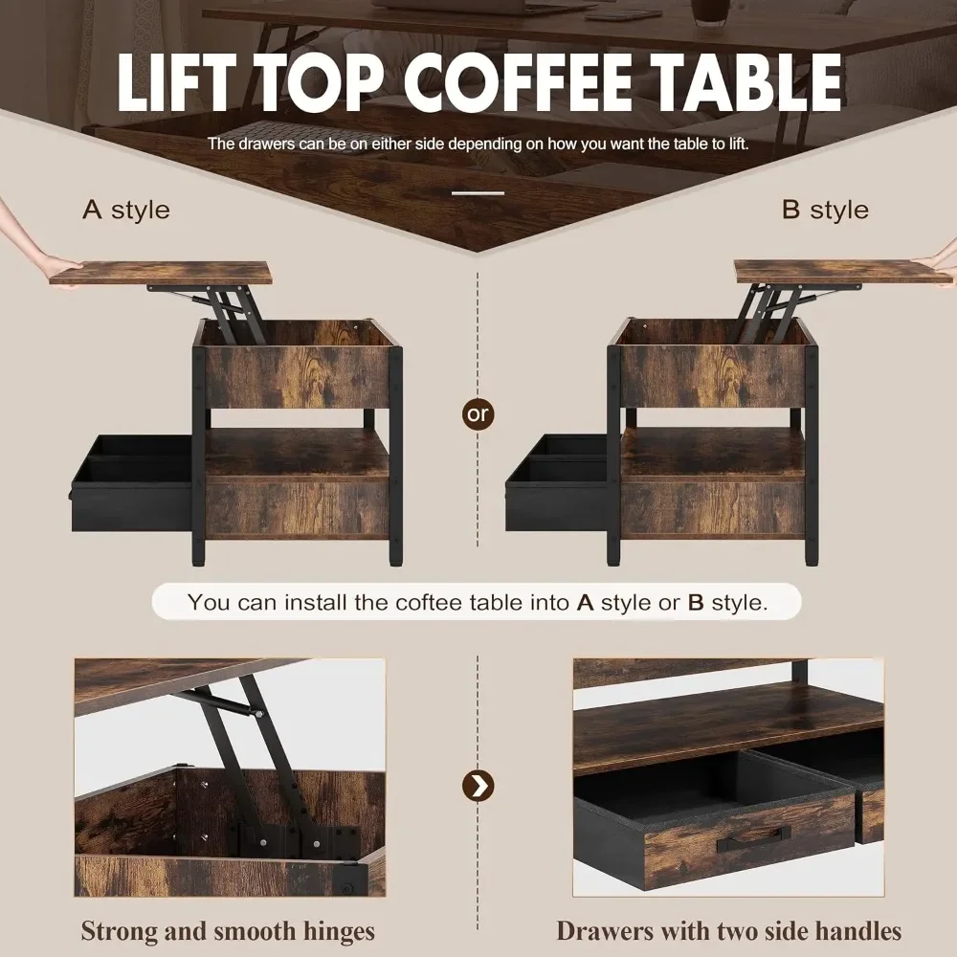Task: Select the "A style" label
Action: pyautogui.click(x=125, y=210)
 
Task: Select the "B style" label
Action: pyautogui.click(x=825, y=210)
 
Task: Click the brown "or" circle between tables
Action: pyautogui.click(x=478, y=413)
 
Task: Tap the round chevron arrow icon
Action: pyautogui.click(x=478, y=786)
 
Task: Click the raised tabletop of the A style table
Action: pyautogui.click(x=161, y=274)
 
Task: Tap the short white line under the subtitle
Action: pyautogui.click(x=478, y=193)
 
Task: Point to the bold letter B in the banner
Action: pyautogui.click(x=696, y=602)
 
